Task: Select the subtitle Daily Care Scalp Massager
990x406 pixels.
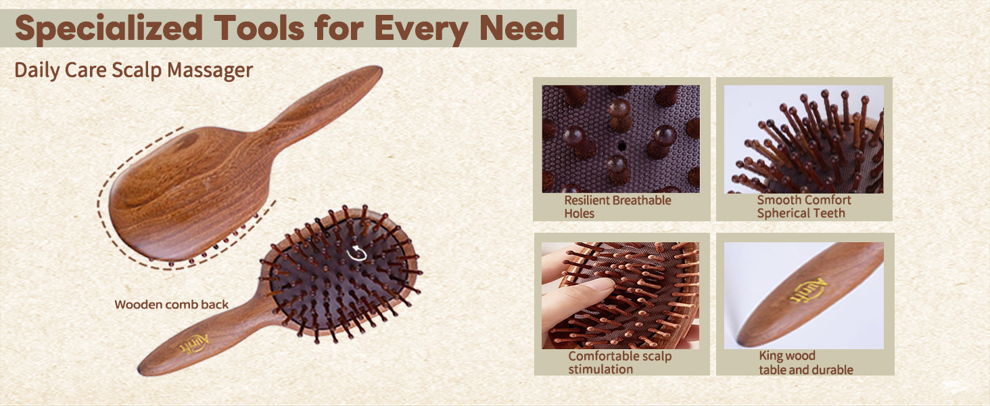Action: (x=133, y=70)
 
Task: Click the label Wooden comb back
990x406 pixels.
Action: (x=171, y=304)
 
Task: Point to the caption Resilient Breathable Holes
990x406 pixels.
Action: (x=617, y=206)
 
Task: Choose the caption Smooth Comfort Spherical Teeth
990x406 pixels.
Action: (x=803, y=206)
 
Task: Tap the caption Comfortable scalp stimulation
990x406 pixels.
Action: (x=619, y=363)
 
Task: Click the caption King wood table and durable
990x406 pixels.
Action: (x=805, y=363)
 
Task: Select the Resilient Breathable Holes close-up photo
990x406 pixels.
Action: (x=621, y=139)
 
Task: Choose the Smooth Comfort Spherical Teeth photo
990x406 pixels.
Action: (x=803, y=139)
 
